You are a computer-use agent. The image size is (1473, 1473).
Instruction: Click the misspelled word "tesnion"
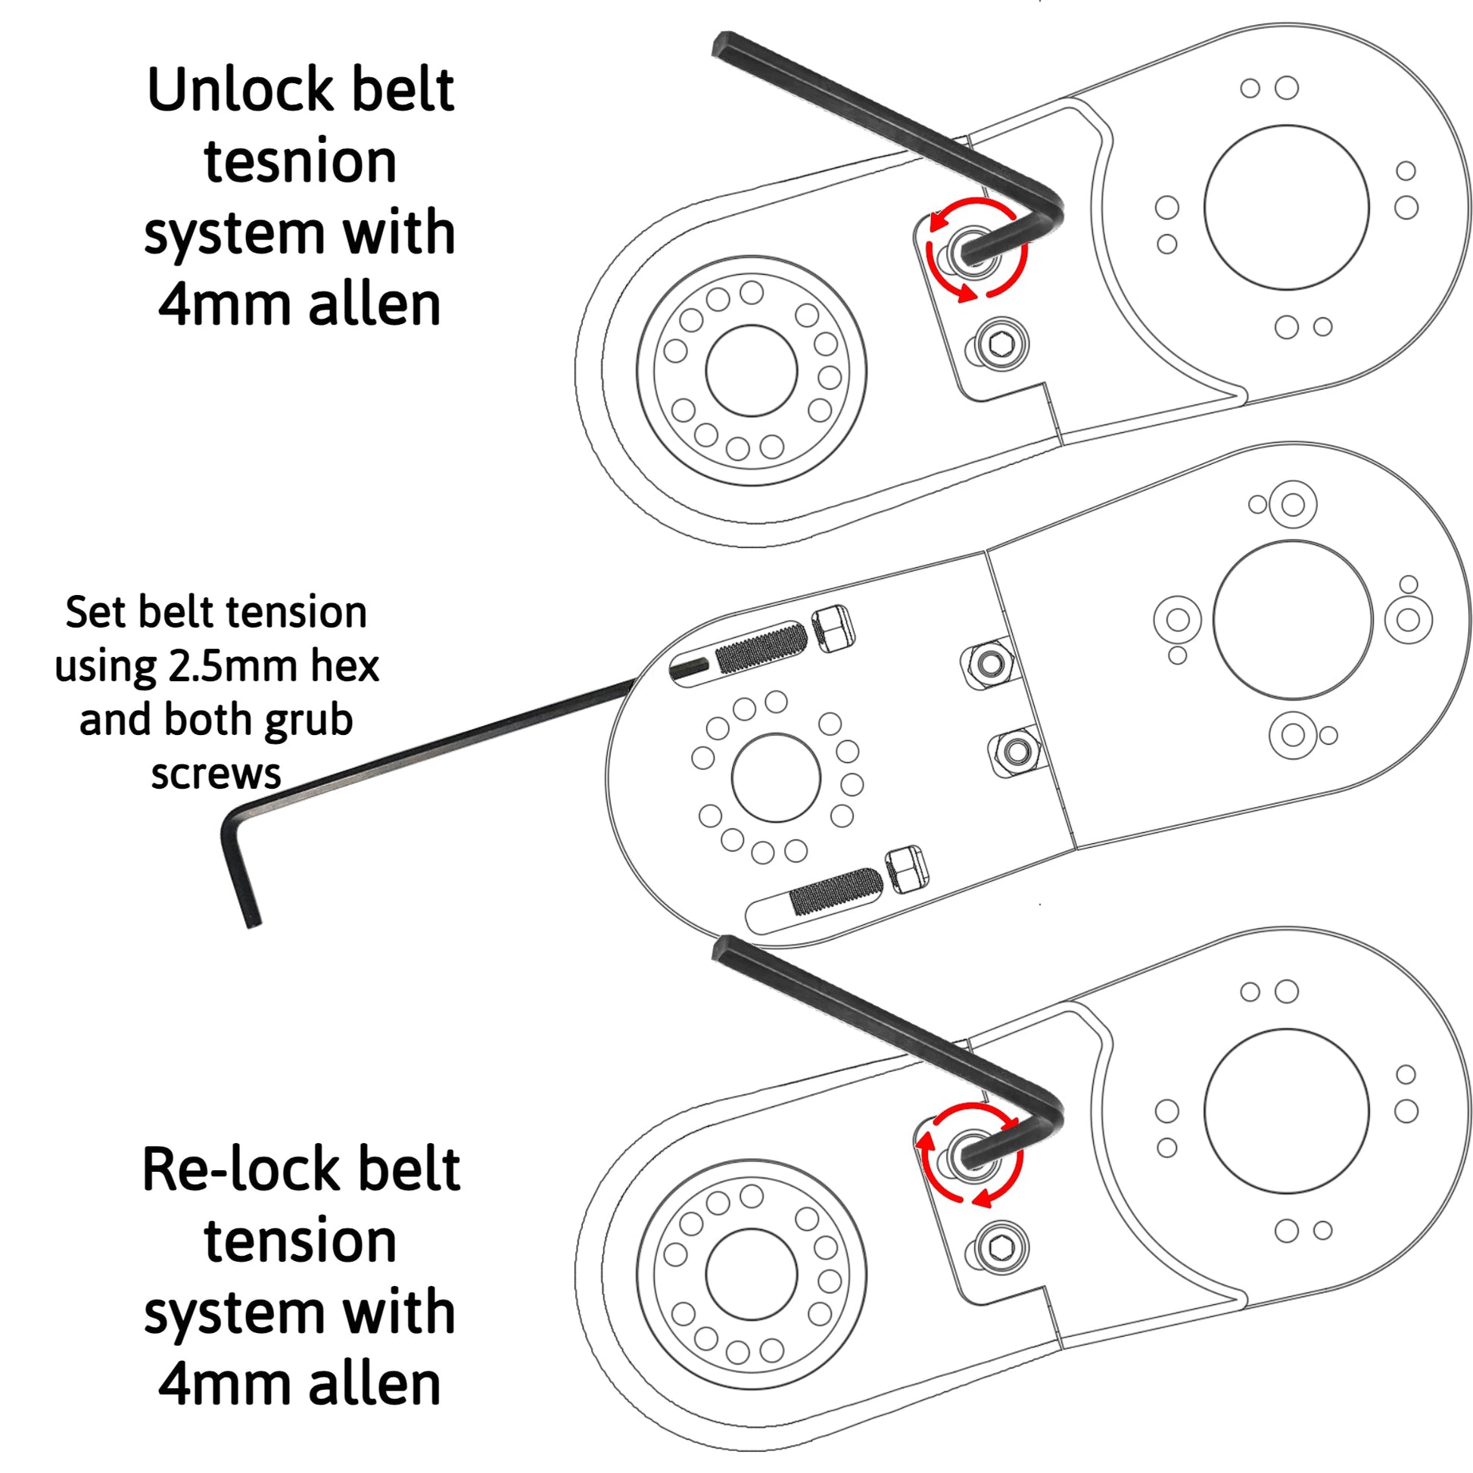pyautogui.click(x=301, y=163)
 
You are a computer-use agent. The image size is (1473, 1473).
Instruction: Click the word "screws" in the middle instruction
pyautogui.click(x=216, y=774)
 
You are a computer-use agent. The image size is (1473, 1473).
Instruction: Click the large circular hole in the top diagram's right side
pyautogui.click(x=1286, y=207)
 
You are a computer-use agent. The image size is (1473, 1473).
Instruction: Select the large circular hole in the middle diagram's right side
pyautogui.click(x=1292, y=620)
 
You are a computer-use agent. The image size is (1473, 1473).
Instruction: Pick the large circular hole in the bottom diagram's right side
pyautogui.click(x=1286, y=1111)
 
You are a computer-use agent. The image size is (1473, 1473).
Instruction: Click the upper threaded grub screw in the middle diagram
pyautogui.click(x=760, y=647)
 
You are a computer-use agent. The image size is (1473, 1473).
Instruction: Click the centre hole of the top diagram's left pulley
pyautogui.click(x=751, y=371)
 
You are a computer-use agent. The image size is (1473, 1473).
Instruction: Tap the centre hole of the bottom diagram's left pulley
pyautogui.click(x=751, y=1274)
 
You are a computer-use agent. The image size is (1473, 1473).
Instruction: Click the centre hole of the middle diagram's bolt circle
pyautogui.click(x=775, y=777)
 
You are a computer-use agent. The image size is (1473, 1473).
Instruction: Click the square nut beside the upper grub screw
pyautogui.click(x=833, y=630)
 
